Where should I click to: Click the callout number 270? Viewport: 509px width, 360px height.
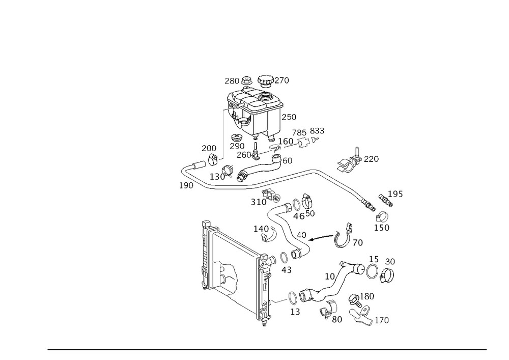pos(282,80)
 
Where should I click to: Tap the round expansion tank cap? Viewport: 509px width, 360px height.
pos(266,80)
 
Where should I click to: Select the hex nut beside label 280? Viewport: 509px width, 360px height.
pos(247,80)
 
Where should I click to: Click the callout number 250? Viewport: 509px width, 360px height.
pos(289,117)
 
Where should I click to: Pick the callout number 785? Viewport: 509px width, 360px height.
pos(299,133)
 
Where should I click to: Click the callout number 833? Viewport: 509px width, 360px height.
pos(317,131)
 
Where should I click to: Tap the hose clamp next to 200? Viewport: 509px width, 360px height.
pos(212,159)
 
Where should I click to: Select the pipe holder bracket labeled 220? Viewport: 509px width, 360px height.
pos(350,161)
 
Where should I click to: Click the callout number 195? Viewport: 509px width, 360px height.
pos(395,194)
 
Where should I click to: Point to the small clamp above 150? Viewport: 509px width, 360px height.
pos(382,216)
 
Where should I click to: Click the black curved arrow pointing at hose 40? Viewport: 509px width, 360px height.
pos(321,238)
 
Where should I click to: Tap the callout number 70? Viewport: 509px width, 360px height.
pos(357,243)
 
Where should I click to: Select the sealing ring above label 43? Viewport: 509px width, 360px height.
pos(284,258)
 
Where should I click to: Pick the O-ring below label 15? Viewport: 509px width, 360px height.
pos(372,271)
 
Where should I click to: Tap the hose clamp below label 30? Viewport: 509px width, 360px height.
pos(386,275)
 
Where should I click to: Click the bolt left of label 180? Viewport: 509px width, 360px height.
pos(354,299)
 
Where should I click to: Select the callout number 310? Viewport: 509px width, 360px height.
pos(259,202)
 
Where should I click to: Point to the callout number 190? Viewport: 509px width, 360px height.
pos(186,186)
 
